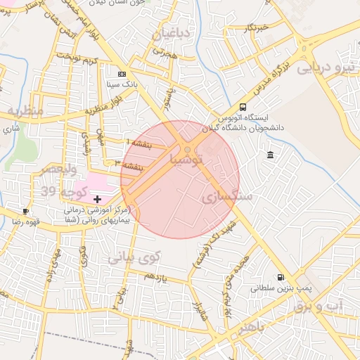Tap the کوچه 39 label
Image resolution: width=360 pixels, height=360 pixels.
64,191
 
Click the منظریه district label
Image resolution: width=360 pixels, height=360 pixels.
26,112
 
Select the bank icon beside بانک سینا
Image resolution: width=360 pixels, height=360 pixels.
122,73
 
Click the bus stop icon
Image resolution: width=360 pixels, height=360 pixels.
243,107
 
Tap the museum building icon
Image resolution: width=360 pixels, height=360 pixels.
271,155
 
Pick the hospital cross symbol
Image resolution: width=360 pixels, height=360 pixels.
97,200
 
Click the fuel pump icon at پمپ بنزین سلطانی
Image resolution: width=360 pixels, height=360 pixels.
281,278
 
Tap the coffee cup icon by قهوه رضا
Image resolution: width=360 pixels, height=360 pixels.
26,211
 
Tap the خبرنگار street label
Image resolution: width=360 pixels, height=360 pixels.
256,27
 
